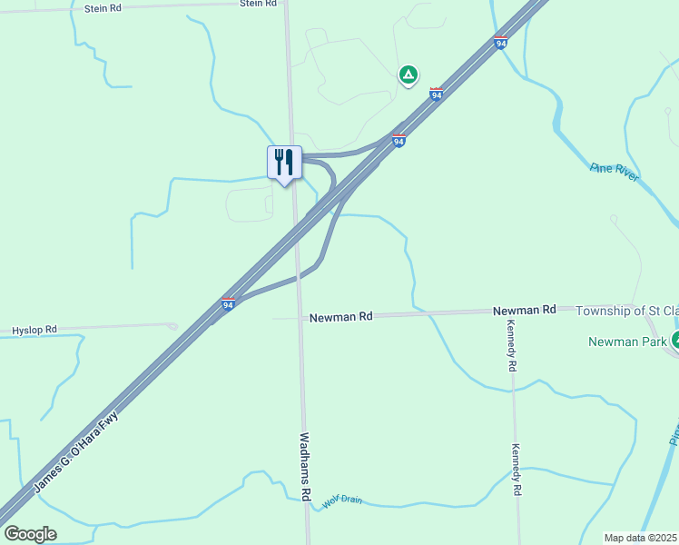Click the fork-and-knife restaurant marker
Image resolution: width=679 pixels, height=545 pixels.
(x=284, y=163)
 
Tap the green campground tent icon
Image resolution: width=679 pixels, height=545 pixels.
(x=408, y=74)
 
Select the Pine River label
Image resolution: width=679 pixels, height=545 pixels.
(x=615, y=172)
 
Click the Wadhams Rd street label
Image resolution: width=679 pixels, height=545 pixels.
(x=306, y=467)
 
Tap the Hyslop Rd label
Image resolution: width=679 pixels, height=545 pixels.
(x=34, y=329)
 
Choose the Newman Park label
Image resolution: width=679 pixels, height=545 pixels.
(x=627, y=342)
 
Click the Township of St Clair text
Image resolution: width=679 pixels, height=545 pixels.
(x=626, y=310)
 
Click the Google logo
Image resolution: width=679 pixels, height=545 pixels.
(x=30, y=534)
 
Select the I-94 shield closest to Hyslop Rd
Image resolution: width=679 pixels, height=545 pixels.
(x=229, y=304)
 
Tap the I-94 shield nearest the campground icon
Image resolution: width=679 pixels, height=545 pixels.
(x=437, y=94)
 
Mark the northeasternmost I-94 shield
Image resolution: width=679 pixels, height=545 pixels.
(x=501, y=42)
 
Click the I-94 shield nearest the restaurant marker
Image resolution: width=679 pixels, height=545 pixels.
(x=399, y=140)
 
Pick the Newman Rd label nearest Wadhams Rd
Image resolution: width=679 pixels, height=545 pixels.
(x=340, y=317)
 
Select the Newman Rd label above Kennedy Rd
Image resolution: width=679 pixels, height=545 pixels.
(x=525, y=310)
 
